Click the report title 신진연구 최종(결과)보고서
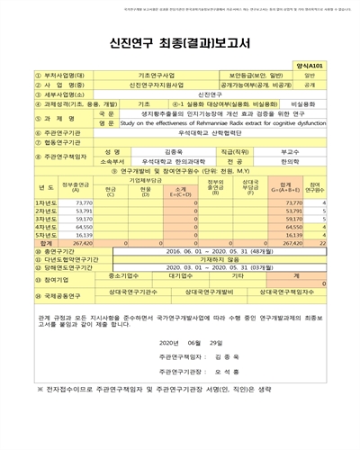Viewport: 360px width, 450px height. tap(180, 40)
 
